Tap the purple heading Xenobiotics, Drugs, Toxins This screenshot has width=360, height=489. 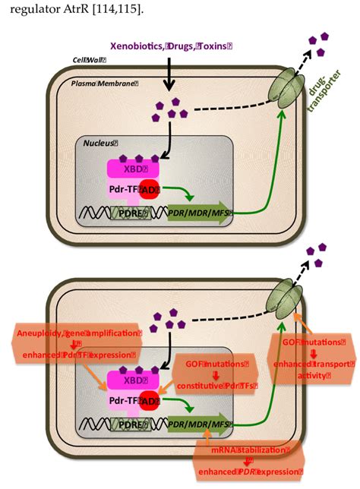point(171,46)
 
